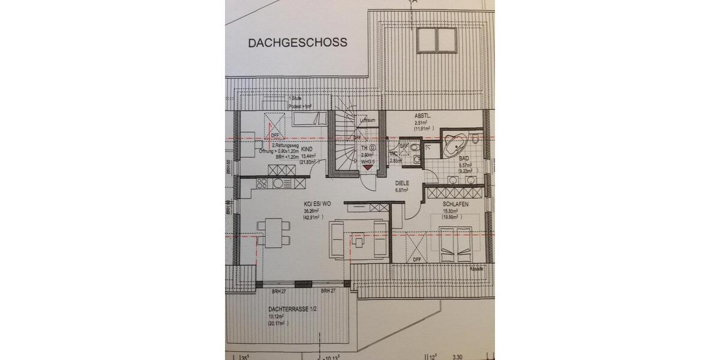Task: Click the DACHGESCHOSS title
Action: coord(298,43)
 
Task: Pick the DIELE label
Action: coord(401,183)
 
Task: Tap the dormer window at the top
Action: coord(437,39)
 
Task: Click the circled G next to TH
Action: coord(373,148)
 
